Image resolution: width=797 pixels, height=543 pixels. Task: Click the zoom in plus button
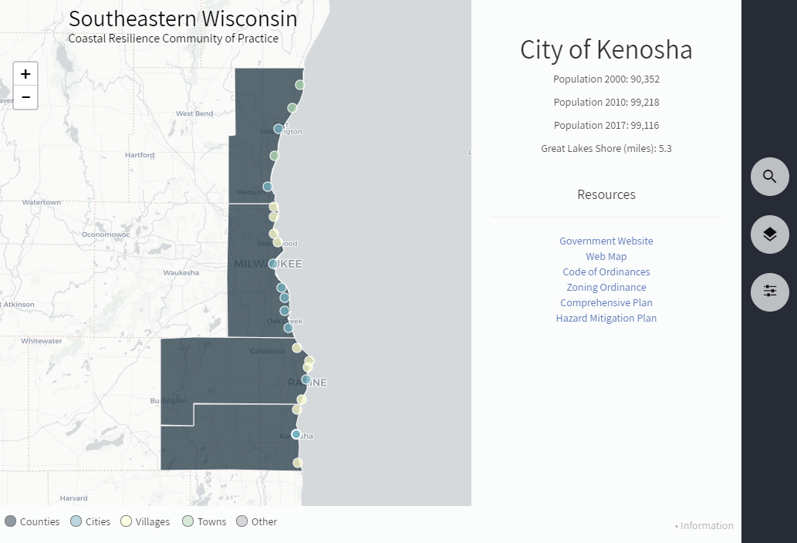(x=25, y=74)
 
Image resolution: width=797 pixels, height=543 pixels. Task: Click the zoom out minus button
(x=25, y=97)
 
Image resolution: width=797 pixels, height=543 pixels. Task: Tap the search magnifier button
(x=769, y=177)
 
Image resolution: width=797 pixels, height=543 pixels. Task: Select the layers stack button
(x=769, y=234)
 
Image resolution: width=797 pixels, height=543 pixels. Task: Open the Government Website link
(x=606, y=241)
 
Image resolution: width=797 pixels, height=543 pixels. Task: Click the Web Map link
(x=606, y=257)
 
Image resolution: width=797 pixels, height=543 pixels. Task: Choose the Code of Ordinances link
(x=606, y=272)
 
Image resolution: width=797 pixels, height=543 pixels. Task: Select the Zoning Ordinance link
(x=606, y=288)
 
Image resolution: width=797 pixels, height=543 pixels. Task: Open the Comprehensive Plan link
(x=606, y=303)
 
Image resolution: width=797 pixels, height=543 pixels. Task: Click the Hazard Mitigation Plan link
(x=606, y=319)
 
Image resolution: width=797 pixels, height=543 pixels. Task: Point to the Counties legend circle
(x=10, y=521)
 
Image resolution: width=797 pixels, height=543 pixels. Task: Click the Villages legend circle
(x=127, y=521)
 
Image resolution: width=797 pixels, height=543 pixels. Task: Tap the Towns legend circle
(x=187, y=521)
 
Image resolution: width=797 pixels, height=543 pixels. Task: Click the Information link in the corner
(x=706, y=526)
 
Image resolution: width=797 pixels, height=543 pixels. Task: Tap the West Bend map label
(x=194, y=114)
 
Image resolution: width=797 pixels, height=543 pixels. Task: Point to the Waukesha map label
(x=181, y=273)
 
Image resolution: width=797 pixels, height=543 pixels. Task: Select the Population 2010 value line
(x=606, y=103)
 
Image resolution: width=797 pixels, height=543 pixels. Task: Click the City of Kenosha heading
(x=606, y=50)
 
